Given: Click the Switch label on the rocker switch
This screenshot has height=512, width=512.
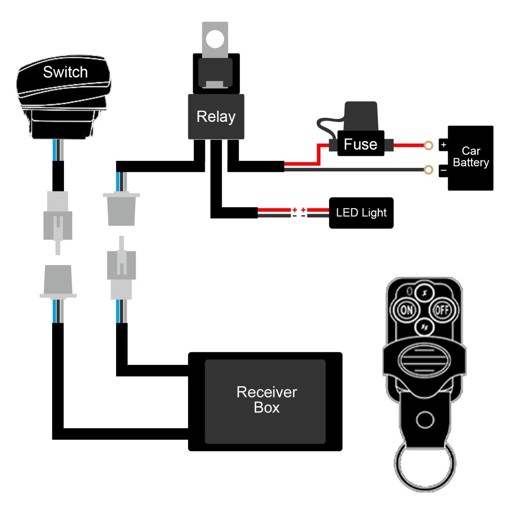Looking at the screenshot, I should pyautogui.click(x=65, y=72).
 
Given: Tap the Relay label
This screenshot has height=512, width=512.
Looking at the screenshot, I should pyautogui.click(x=216, y=116).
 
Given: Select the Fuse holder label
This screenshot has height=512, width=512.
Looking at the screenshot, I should pyautogui.click(x=360, y=144).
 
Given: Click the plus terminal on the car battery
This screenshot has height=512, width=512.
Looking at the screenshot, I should pyautogui.click(x=444, y=145).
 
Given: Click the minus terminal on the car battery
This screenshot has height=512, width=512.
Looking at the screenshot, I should pyautogui.click(x=444, y=170).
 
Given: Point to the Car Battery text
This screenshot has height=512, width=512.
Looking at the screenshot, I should pyautogui.click(x=471, y=157).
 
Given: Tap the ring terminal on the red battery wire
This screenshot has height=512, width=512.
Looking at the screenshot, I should pyautogui.click(x=428, y=146).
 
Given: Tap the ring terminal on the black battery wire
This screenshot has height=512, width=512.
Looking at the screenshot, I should pyautogui.click(x=428, y=170).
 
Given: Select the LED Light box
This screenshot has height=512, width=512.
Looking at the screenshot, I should pyautogui.click(x=361, y=213).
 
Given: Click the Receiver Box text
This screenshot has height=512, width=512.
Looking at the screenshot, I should pyautogui.click(x=267, y=400).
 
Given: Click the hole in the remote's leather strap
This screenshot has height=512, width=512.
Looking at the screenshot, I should pyautogui.click(x=425, y=420).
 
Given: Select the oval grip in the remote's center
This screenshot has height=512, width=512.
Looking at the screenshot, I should pyautogui.click(x=424, y=360).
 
